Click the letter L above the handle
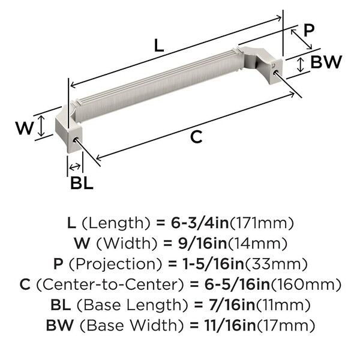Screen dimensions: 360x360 159,45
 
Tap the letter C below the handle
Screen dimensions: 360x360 196,137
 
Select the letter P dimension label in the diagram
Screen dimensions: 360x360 308,30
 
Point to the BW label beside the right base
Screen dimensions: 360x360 326,62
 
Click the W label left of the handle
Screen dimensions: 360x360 25,128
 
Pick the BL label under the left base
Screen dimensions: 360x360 82,183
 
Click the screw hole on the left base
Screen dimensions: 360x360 75,140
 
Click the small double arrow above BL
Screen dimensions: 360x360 75,167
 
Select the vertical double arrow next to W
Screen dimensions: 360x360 41,126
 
